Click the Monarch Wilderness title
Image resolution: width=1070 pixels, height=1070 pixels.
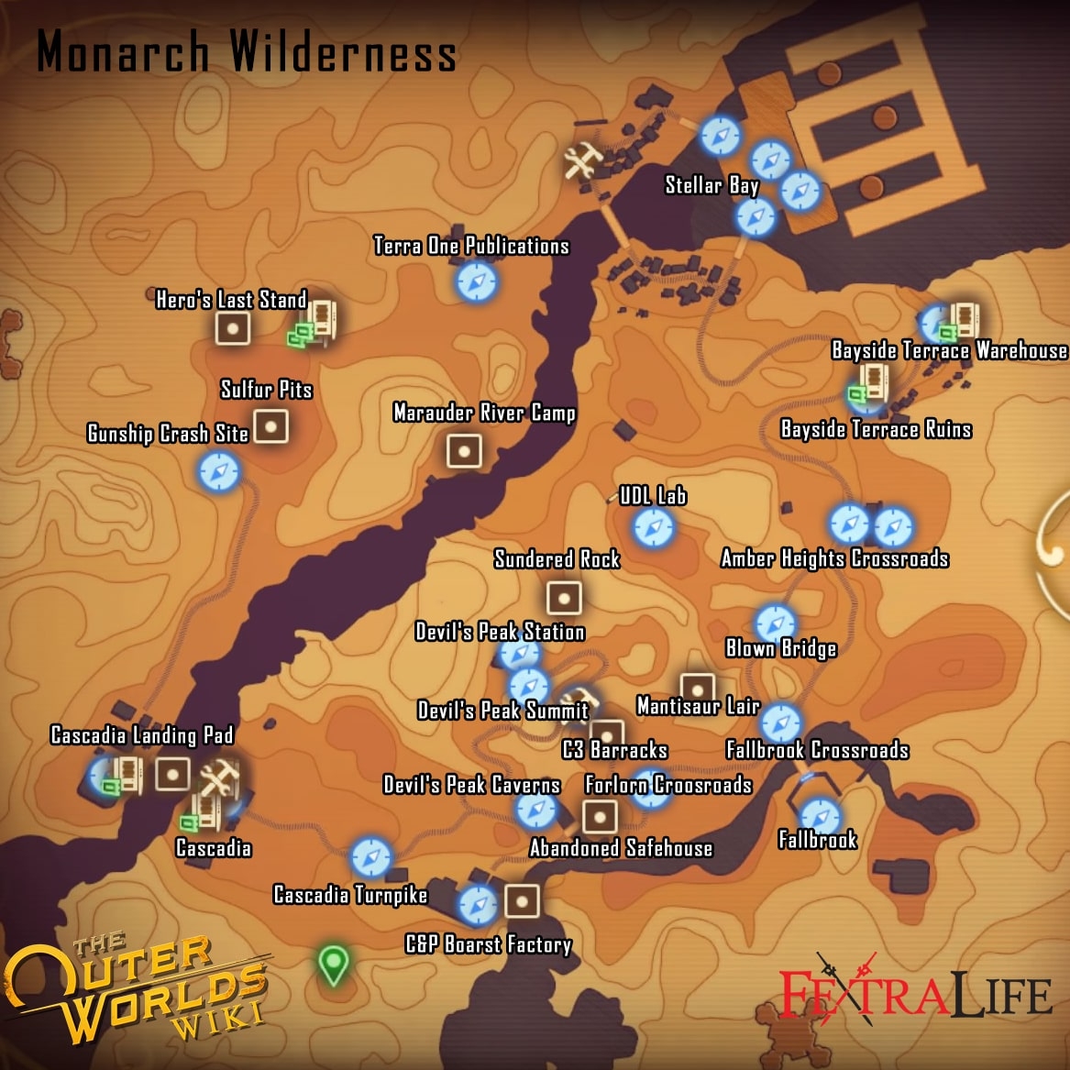pos(246,51)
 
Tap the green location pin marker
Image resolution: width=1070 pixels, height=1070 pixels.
pos(333,965)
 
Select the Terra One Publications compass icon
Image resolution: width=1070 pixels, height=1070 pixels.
pos(476,281)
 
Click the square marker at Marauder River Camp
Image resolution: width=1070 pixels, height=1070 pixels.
pos(464,451)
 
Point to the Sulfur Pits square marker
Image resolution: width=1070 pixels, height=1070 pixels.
pos(270,426)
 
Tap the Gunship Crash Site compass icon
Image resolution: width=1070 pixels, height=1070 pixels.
pos(218,472)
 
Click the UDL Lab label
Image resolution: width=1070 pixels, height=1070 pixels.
pos(653,496)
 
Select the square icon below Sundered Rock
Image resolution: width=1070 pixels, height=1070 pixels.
pos(563,599)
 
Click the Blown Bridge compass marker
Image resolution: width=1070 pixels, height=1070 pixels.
pos(776,623)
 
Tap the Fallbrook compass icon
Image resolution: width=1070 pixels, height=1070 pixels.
pos(819,815)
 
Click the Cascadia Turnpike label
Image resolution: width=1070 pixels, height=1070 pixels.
pos(350,895)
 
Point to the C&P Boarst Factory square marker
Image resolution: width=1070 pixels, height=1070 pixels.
pos(522,901)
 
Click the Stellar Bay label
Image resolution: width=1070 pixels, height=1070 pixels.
pos(711,185)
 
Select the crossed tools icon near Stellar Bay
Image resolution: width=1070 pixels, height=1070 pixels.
pos(582,163)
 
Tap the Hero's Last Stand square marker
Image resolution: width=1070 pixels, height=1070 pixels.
pos(233,327)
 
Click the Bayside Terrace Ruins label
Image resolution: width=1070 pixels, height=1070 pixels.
pos(876,429)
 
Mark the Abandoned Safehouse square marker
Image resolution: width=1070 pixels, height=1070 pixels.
pos(600,815)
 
